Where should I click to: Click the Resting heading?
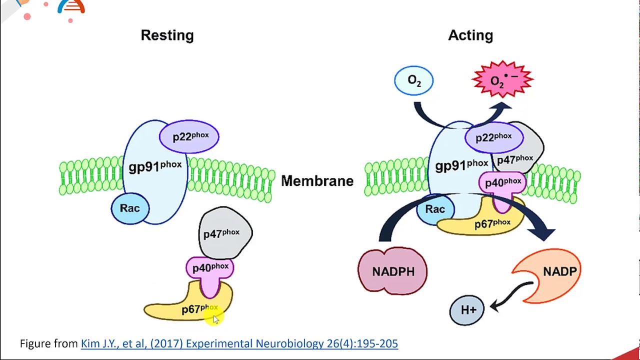[x=167, y=35]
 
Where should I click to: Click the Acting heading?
[x=470, y=35]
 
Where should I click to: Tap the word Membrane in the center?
[x=317, y=181]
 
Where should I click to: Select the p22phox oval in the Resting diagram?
[x=189, y=136]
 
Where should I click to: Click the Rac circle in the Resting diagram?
[x=129, y=208]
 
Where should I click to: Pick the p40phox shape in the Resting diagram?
[x=210, y=268]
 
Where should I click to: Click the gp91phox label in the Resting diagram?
[x=154, y=166]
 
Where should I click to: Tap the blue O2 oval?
[x=414, y=80]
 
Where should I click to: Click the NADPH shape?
[x=393, y=271]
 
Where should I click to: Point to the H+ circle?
[x=467, y=310]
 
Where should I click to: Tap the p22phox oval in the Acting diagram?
[x=494, y=137]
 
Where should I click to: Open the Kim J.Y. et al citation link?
[x=239, y=343]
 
